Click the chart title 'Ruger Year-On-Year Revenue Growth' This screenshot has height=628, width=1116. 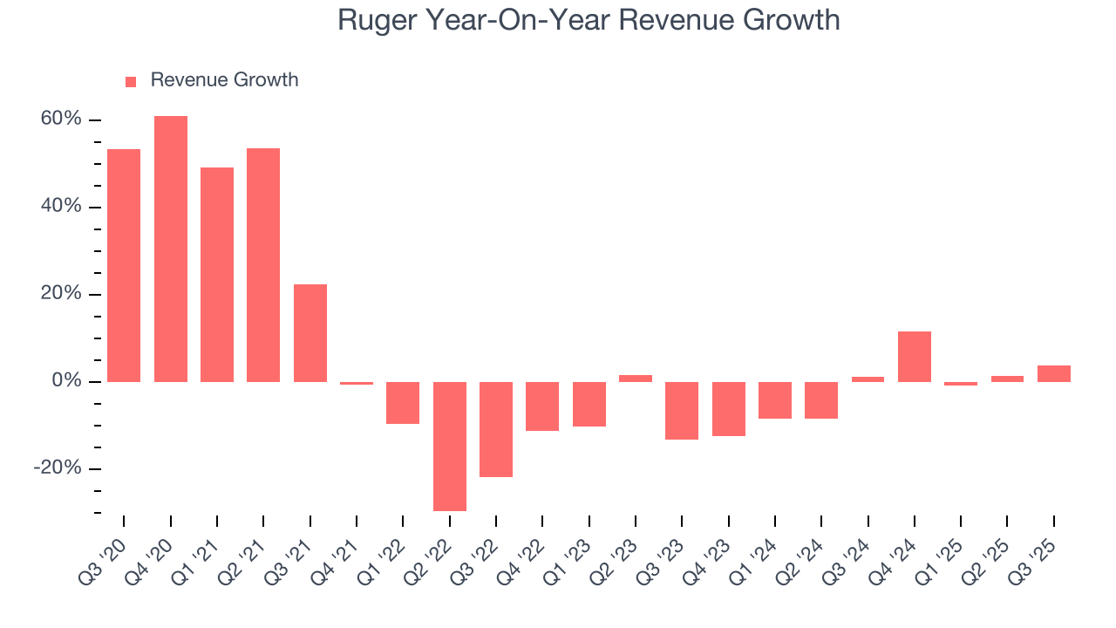click(589, 21)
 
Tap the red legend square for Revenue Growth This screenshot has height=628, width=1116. click(131, 81)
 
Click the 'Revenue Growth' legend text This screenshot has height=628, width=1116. click(224, 80)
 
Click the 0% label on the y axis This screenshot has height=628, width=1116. click(66, 381)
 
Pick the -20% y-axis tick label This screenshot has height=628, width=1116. click(58, 468)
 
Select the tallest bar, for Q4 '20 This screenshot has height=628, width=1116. click(171, 249)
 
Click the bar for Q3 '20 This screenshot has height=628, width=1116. click(124, 265)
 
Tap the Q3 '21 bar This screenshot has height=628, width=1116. click(310, 333)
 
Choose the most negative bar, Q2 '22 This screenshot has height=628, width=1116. click(450, 446)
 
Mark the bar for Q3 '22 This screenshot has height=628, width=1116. click(496, 429)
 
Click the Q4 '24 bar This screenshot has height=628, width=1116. click(915, 357)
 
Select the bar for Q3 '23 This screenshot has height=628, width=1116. click(682, 410)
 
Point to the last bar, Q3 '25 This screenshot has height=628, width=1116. click(1054, 373)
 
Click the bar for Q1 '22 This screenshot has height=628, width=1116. click(403, 402)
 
